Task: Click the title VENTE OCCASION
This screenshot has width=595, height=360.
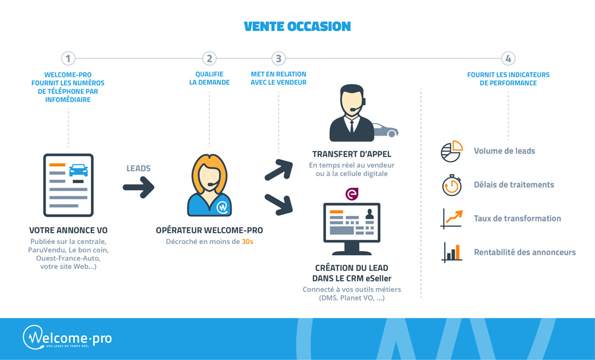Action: (x=297, y=27)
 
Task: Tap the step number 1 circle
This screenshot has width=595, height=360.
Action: (x=68, y=58)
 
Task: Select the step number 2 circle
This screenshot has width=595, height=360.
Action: (x=209, y=58)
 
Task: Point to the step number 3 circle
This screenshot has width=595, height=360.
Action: (x=278, y=58)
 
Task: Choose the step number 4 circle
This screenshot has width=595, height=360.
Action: (x=508, y=58)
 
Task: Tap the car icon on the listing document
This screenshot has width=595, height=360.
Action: (x=78, y=170)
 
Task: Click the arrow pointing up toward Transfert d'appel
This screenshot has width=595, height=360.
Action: (x=278, y=170)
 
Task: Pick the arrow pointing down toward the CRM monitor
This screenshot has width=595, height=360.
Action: (x=278, y=204)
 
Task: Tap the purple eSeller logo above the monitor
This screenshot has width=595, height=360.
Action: (x=352, y=194)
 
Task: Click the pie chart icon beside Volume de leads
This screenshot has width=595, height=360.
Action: (x=452, y=151)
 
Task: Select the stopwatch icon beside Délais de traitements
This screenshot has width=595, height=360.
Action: (x=452, y=185)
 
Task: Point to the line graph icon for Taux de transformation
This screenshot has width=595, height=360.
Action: (x=452, y=218)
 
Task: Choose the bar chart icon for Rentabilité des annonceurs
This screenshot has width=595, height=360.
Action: (x=452, y=252)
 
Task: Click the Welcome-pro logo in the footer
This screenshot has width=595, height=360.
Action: (x=67, y=337)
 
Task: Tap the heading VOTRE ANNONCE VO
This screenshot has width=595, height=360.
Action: (x=68, y=230)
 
